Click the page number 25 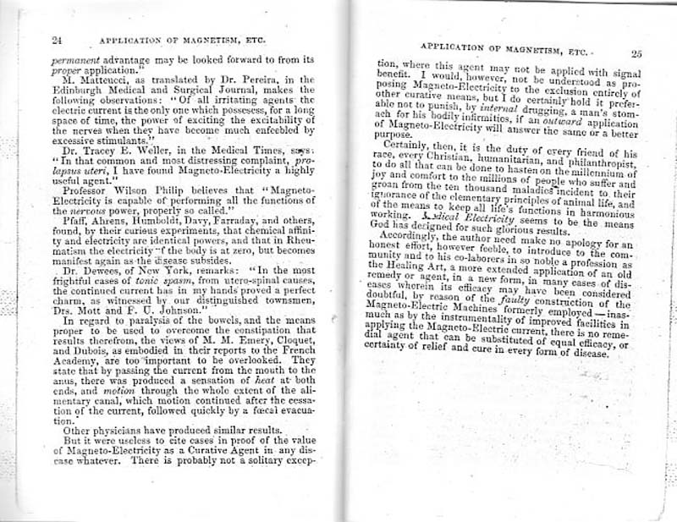(636, 53)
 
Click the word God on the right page (388, 228)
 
